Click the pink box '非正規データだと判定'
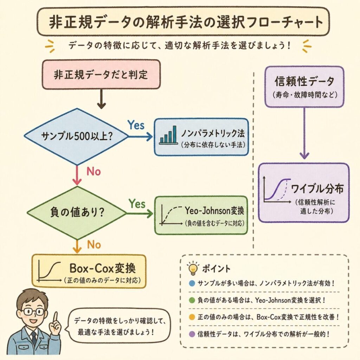[x=101, y=74]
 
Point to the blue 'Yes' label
[x=136, y=125]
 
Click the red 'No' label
[x=94, y=172]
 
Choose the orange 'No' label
[x=94, y=244]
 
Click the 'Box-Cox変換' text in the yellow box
[x=102, y=269]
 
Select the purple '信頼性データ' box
[x=304, y=86]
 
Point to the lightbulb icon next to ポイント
[x=192, y=268]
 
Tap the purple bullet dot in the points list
[x=191, y=333]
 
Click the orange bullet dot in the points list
[x=191, y=317]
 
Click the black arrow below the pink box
[x=101, y=99]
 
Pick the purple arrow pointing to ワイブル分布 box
[x=304, y=134]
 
